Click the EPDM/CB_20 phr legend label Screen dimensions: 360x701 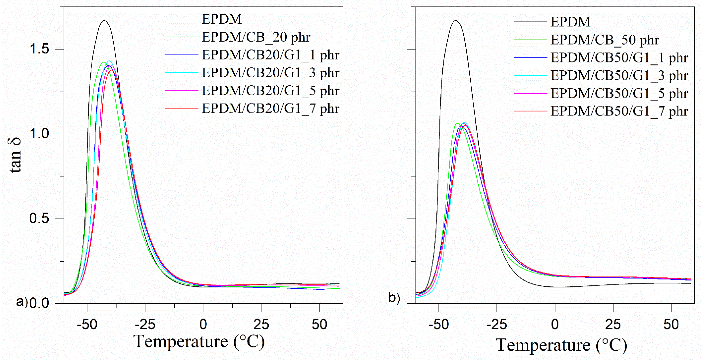click(256, 37)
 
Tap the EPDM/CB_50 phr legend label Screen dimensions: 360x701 click(605, 40)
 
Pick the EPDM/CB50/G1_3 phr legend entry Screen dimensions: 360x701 click(619, 76)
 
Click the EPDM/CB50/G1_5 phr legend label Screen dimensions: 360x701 click(619, 93)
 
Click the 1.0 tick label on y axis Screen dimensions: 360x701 click(39, 134)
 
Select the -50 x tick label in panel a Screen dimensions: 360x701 click(87, 324)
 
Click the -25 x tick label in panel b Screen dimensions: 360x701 click(497, 324)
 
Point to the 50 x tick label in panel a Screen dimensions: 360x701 click(319, 324)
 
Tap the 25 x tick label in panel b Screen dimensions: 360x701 click(613, 324)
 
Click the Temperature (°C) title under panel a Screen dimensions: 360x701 click(199, 342)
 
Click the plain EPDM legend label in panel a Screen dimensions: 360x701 click(221, 19)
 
